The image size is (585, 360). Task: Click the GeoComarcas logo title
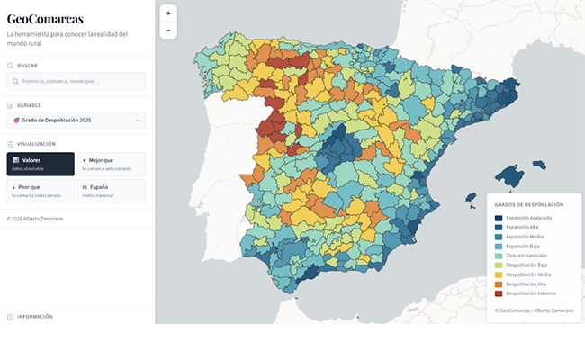click(x=45, y=18)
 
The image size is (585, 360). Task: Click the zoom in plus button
click(x=168, y=13)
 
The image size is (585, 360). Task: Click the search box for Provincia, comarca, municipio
click(x=76, y=81)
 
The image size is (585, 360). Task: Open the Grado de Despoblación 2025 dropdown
click(x=76, y=120)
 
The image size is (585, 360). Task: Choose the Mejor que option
click(x=112, y=164)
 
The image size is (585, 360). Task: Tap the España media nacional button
click(x=112, y=191)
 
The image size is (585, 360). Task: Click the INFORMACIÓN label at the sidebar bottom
click(x=35, y=317)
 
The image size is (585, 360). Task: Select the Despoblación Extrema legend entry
click(x=535, y=293)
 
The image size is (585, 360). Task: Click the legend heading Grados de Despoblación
click(x=529, y=205)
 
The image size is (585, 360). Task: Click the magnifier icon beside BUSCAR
click(x=10, y=66)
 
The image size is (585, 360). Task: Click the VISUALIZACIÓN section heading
click(x=36, y=144)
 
